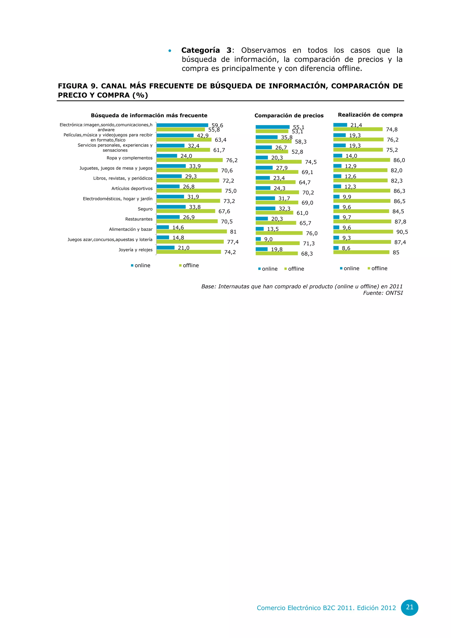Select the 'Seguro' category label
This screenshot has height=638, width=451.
[x=145, y=209]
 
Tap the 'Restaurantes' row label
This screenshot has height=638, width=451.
[x=139, y=219]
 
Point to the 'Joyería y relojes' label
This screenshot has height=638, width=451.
[x=135, y=250]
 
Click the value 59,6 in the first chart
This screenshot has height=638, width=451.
[x=217, y=125]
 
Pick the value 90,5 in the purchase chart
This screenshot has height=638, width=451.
[x=402, y=232]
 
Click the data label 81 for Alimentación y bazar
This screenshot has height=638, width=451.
[x=233, y=232]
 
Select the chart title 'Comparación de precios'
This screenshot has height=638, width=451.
[x=289, y=116]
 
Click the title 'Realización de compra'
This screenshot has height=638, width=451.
[x=370, y=115]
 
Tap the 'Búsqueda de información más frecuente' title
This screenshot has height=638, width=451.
[x=149, y=116]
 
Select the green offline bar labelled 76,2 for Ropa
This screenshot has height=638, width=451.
[x=189, y=160]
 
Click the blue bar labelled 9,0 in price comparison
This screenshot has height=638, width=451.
[x=258, y=239]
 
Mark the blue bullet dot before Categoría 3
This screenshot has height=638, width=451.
[x=170, y=51]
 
